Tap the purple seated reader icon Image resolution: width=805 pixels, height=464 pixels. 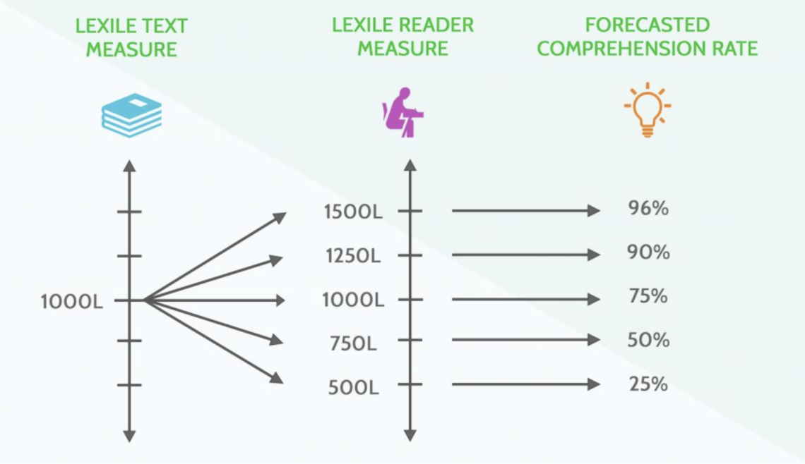point(403,112)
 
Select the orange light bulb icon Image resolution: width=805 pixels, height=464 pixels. point(647,110)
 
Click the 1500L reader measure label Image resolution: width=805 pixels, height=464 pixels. point(353,212)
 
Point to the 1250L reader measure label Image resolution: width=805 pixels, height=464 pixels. point(353,256)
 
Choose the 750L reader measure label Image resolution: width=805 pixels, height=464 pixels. point(353,344)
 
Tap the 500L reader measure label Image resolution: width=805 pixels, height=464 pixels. point(353,388)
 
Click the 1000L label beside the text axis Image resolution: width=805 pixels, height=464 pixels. point(72,302)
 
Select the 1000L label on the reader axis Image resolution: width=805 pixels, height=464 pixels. point(353,300)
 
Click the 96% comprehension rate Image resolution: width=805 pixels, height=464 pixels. point(648,209)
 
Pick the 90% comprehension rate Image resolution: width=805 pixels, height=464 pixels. point(648,252)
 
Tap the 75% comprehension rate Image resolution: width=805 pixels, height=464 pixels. point(648,297)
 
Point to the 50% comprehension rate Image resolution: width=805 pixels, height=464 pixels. point(648,340)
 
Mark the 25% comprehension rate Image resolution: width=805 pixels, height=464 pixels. point(648,384)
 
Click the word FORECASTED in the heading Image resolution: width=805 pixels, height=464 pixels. point(647,25)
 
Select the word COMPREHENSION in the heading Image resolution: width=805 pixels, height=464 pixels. point(604,49)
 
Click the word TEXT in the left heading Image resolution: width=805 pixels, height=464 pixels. point(162,25)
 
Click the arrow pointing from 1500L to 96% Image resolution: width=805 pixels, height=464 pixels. point(525,210)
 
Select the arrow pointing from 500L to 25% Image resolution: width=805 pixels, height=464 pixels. point(525,384)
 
